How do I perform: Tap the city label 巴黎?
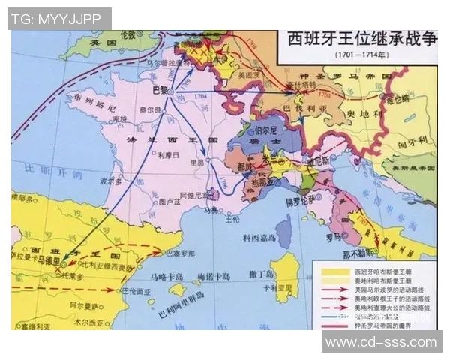pyautogui.click(x=160, y=89)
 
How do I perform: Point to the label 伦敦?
pyautogui.click(x=128, y=35)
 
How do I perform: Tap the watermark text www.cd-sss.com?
pyautogui.click(x=380, y=342)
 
